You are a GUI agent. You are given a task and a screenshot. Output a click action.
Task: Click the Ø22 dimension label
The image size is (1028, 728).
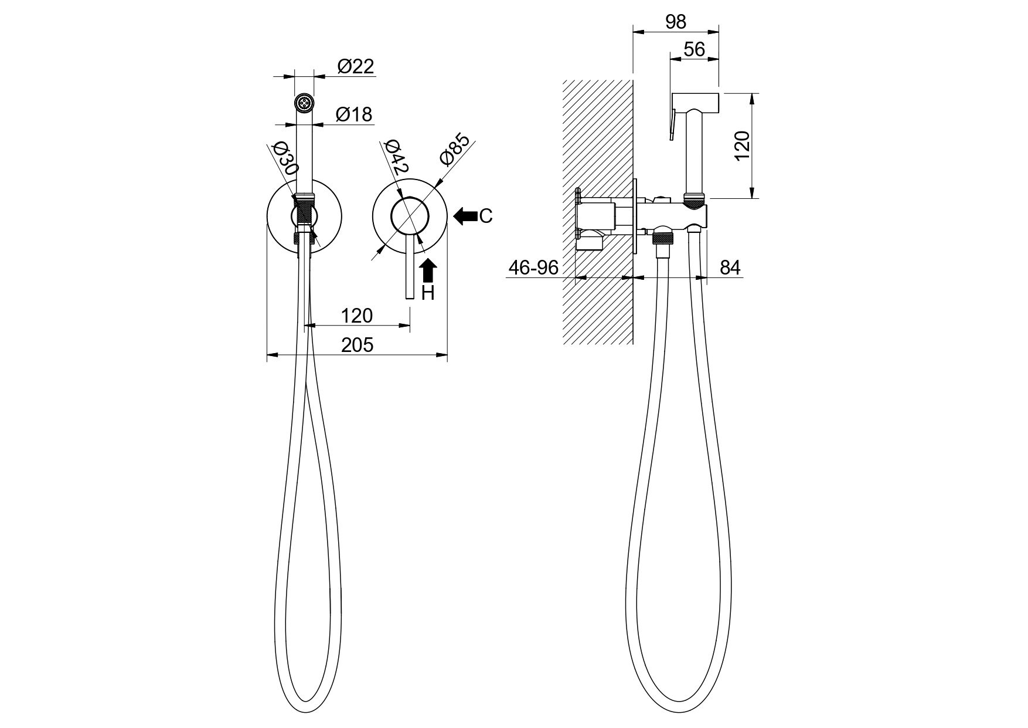[356, 66]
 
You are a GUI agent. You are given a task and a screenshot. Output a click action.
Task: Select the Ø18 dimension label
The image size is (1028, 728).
[354, 114]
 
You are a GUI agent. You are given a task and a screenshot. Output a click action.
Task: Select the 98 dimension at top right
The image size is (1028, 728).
[676, 22]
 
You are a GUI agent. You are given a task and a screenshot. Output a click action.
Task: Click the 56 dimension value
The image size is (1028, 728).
[695, 49]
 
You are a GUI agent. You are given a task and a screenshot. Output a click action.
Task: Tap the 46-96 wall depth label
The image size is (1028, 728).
[533, 268]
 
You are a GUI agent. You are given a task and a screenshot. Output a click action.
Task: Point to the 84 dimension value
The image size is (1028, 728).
[730, 268]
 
